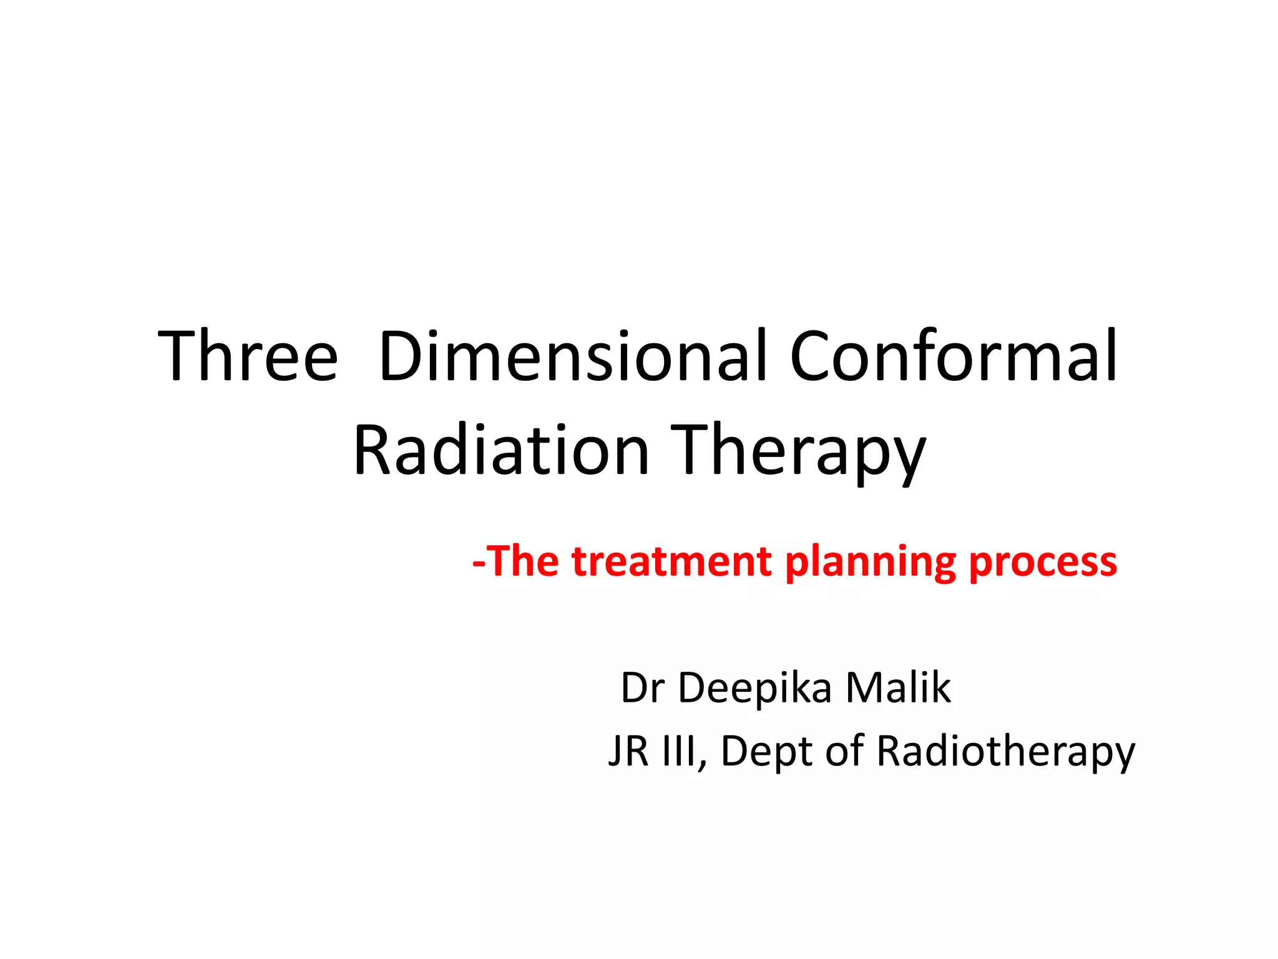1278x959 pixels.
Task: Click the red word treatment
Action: point(671,561)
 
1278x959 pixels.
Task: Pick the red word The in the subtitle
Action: point(522,561)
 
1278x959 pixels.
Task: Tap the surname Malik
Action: point(898,688)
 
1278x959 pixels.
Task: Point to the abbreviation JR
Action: point(629,750)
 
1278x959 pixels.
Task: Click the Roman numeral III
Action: point(681,750)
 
